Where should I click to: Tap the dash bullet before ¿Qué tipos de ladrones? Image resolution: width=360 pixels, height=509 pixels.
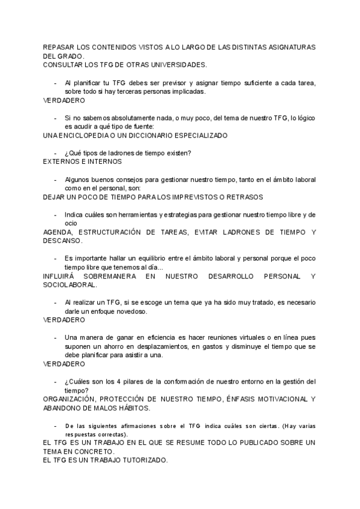(56, 153)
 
